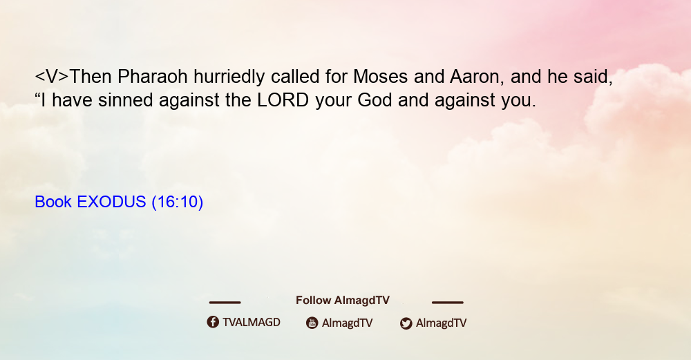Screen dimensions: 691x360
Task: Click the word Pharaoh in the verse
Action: coord(153,77)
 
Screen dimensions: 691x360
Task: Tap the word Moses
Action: coord(380,77)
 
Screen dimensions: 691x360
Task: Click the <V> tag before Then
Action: coord(52,77)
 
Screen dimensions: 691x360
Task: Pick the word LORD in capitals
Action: coord(283,100)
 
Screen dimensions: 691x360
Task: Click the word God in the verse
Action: coord(375,100)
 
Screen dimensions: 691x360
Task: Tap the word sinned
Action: coord(126,100)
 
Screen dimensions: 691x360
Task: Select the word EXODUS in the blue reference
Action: coord(111,202)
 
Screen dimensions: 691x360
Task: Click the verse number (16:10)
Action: coord(177,202)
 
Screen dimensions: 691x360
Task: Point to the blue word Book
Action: coord(53,202)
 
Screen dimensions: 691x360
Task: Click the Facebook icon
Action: coord(213,322)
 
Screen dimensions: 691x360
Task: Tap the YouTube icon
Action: coord(312,323)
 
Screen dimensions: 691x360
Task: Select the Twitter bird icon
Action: coord(406,323)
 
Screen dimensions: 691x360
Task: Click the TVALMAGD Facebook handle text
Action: coord(252,323)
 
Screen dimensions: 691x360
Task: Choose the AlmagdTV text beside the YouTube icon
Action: coord(348,323)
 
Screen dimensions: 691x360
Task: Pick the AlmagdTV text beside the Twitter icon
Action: coord(441,323)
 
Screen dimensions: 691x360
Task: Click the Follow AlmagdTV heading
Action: coord(343,301)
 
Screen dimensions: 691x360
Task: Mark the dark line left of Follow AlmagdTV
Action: coord(225,302)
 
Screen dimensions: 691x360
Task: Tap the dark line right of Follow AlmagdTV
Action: coord(447,302)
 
